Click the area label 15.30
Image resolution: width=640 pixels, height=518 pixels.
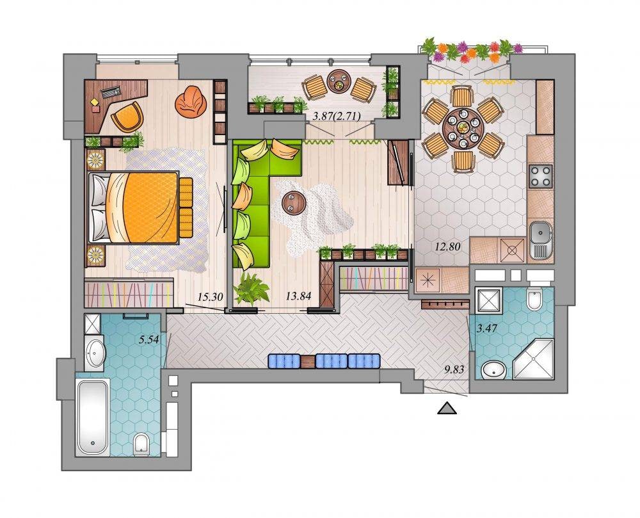pos(210,296)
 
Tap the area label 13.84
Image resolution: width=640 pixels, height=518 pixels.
pos(298,296)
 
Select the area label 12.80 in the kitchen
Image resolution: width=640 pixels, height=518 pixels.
pos(447,246)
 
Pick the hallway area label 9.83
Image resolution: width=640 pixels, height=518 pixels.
pos(454,370)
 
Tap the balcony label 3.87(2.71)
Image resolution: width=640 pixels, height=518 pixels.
pos(337,117)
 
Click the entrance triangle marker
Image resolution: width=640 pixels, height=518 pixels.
pos(447,409)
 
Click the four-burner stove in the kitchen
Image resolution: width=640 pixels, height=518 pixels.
pos(541,176)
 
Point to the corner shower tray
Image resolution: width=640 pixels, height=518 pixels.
pos(533,358)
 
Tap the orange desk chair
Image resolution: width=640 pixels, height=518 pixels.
pos(127,116)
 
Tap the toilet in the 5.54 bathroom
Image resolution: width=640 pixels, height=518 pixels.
pos(141,444)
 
